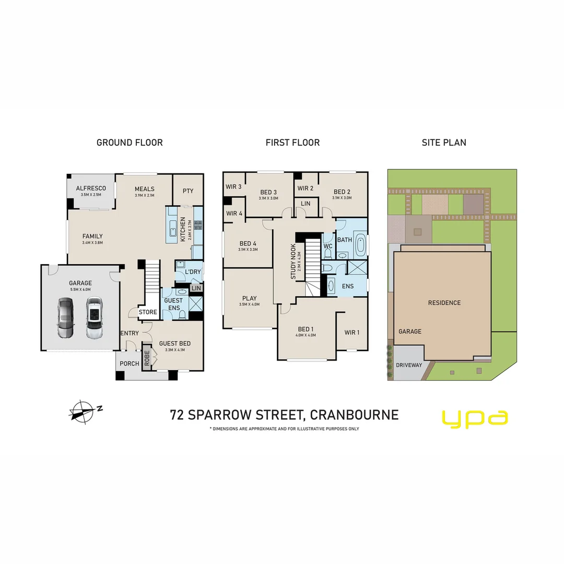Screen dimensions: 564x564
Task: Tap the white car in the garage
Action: coord(93,319)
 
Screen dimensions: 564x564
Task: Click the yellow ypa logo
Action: coord(475,419)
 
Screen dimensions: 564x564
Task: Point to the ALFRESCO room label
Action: coord(91,188)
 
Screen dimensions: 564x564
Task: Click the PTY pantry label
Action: coord(188,191)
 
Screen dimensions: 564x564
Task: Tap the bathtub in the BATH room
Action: coord(360,246)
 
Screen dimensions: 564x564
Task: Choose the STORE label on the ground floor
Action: coord(148,312)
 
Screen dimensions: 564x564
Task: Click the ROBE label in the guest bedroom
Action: coord(147,358)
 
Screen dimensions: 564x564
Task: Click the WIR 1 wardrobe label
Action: coord(352,333)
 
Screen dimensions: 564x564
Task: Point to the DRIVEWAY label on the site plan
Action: coord(409,365)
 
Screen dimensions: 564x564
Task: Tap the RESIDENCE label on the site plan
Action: coord(444,303)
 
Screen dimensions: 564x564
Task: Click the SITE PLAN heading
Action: coord(444,143)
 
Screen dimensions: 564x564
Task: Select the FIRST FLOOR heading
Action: coord(292,143)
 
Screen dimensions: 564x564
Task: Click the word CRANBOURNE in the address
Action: coord(354,415)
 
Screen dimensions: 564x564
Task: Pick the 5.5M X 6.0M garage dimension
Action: coord(80,289)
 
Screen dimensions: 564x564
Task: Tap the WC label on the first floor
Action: coord(328,246)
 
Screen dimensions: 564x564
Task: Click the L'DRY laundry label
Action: coord(193,272)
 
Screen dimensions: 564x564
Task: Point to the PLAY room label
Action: coord(250,298)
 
